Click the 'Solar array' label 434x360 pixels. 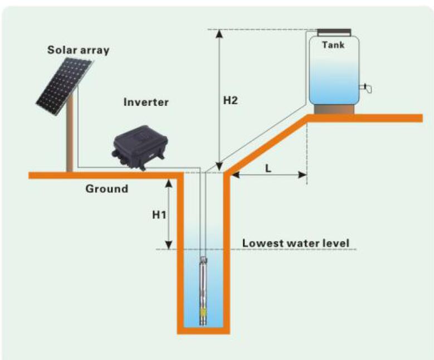[79, 50]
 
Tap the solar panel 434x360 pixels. [64, 86]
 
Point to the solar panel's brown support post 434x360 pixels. [70, 133]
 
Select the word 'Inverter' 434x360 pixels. [146, 102]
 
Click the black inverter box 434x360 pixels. [140, 148]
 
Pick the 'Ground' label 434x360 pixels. [107, 189]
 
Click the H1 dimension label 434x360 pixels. [159, 215]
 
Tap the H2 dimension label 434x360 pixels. [230, 100]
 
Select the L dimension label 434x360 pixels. [268, 168]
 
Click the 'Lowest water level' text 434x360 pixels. [296, 244]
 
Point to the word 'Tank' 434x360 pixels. [333, 45]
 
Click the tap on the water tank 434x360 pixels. [365, 87]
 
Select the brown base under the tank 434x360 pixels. [334, 109]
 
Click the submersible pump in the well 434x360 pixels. [204, 291]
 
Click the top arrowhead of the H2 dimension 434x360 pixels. [219, 33]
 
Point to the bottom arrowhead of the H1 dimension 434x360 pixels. [169, 245]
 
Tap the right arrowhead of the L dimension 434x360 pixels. [303, 175]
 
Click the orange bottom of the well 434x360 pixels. [203, 331]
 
